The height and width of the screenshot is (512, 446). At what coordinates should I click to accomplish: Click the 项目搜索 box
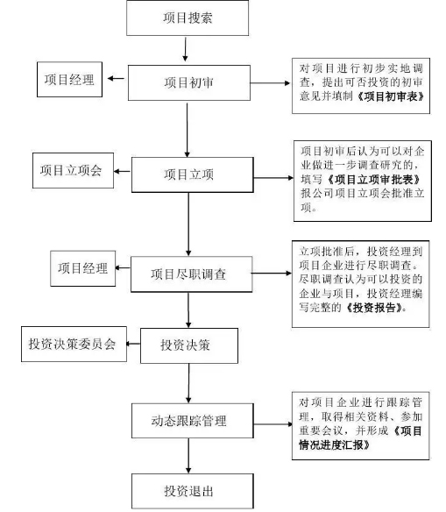click(188, 18)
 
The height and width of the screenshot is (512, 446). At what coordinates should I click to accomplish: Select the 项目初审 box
click(189, 82)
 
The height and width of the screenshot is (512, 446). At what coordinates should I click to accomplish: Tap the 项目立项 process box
click(193, 174)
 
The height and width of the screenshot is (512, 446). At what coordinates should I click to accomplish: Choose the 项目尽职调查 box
click(192, 274)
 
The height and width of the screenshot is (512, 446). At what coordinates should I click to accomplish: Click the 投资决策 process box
click(189, 345)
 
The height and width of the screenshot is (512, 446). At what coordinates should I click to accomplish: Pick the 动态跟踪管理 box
click(193, 421)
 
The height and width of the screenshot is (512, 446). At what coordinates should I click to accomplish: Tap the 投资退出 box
click(193, 491)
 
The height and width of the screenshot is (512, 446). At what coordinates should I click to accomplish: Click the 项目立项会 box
click(73, 170)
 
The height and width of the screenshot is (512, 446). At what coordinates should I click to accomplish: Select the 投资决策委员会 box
click(74, 344)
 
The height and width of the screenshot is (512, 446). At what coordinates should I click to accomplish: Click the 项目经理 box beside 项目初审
click(69, 80)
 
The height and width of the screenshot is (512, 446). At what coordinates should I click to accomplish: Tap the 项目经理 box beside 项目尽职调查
click(83, 268)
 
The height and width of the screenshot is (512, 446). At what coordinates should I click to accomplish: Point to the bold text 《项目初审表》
click(390, 96)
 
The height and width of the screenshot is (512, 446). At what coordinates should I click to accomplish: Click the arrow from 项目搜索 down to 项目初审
click(185, 49)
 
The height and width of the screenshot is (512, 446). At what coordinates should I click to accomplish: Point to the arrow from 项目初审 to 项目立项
click(188, 130)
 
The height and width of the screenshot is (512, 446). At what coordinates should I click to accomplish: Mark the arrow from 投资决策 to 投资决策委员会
click(133, 344)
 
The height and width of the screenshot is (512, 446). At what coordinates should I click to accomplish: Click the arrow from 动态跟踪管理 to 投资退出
click(188, 456)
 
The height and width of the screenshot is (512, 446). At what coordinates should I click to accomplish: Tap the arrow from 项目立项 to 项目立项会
click(123, 171)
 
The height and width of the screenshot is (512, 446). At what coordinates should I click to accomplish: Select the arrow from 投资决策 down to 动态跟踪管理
click(189, 383)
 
